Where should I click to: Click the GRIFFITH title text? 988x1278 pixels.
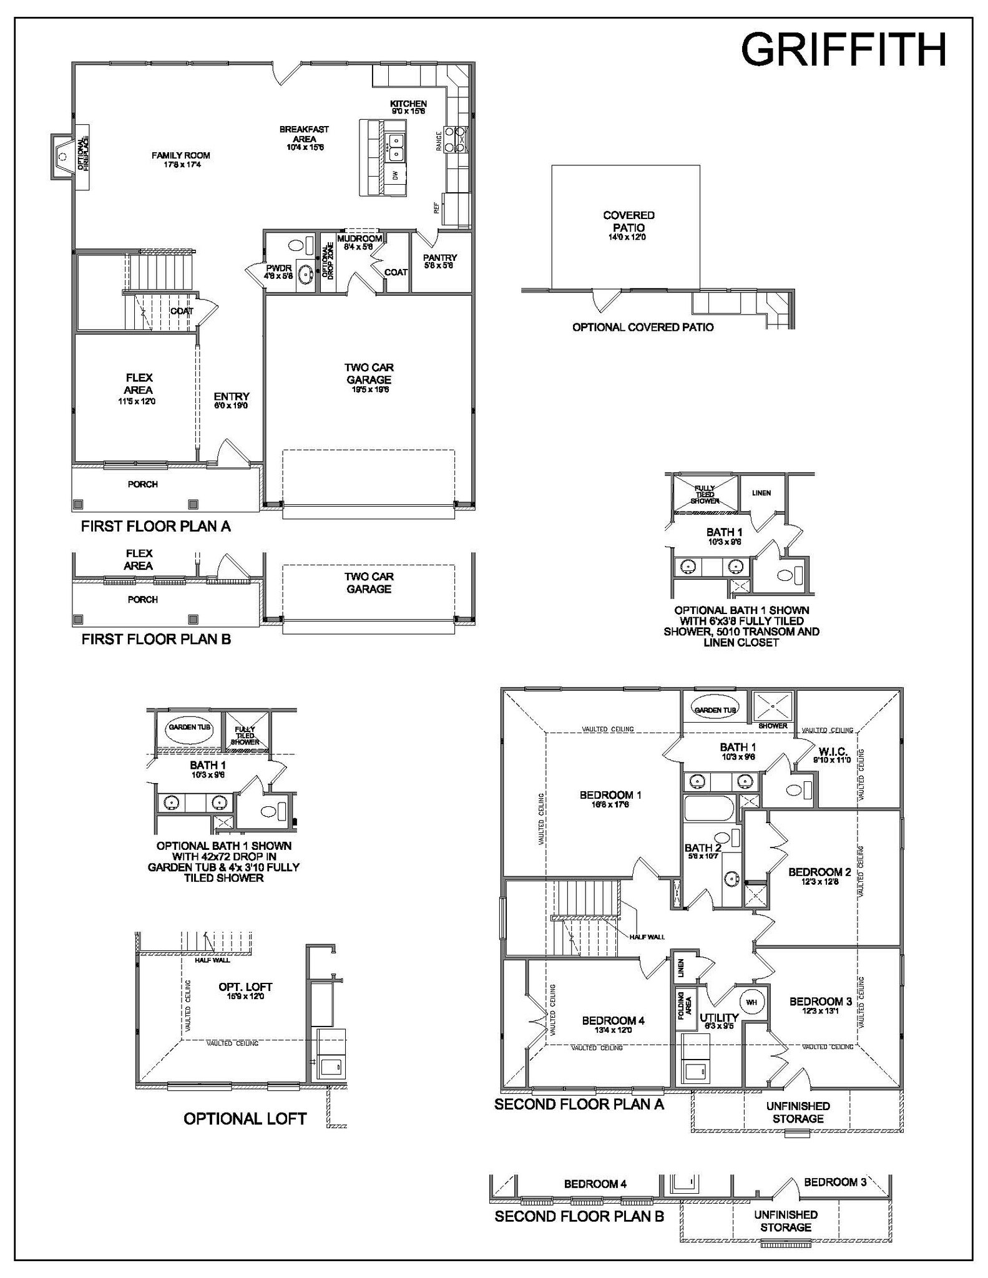click(843, 50)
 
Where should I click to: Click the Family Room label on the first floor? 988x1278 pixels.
click(180, 159)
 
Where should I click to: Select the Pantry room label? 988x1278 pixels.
click(439, 261)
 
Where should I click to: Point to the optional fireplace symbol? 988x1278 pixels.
click(62, 156)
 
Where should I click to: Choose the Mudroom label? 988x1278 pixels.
click(359, 242)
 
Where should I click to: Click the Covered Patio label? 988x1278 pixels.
click(629, 222)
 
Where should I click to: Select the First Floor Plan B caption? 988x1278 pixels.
click(156, 639)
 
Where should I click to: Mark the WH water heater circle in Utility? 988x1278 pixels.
click(751, 1002)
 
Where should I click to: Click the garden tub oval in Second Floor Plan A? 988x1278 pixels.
click(716, 710)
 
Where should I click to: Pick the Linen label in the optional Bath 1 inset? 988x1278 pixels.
click(761, 493)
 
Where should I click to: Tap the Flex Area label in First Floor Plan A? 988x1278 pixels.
click(139, 384)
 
